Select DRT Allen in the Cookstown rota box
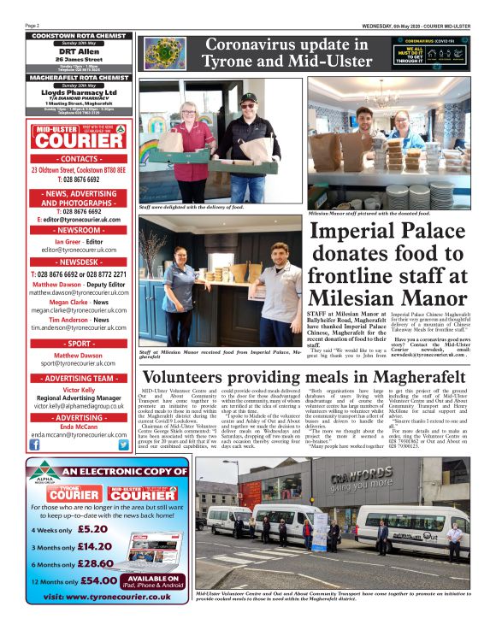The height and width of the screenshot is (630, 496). (x=69, y=50)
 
